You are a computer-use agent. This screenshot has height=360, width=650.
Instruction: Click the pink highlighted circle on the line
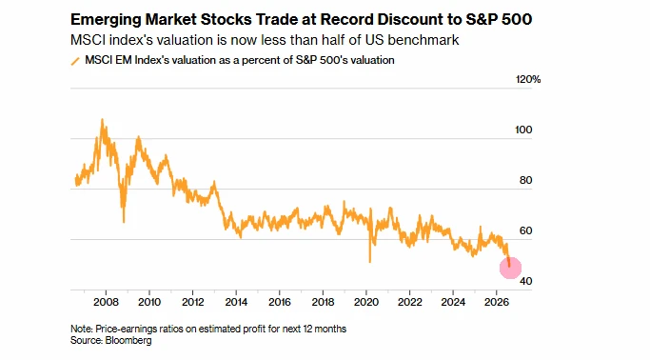pos(510,268)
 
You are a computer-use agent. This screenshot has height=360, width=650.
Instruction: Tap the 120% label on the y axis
pos(528,79)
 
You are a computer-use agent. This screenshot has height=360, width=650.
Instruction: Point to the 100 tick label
pos(523,130)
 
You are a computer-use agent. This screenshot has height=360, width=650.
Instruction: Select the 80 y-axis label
pos(525,180)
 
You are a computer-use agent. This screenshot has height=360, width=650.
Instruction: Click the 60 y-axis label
pos(525,230)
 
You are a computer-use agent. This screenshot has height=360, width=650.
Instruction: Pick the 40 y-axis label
pos(525,281)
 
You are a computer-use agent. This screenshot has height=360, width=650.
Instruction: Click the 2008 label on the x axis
pos(107,302)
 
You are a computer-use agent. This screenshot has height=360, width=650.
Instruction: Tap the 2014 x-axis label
pos(236,302)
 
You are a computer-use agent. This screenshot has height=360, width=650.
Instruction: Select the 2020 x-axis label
pos(366,302)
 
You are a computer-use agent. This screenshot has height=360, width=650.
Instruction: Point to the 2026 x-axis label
pos(496,302)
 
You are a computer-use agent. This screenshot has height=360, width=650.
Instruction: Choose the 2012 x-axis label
pos(193,302)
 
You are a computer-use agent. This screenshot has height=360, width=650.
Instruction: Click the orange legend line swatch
pos(75,61)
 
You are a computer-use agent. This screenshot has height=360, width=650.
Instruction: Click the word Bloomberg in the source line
pos(128,341)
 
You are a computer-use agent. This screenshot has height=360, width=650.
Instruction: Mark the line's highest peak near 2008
pos(102,119)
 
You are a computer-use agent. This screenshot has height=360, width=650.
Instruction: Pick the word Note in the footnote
pos(81,329)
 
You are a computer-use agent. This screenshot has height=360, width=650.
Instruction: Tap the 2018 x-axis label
pos(323,302)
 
